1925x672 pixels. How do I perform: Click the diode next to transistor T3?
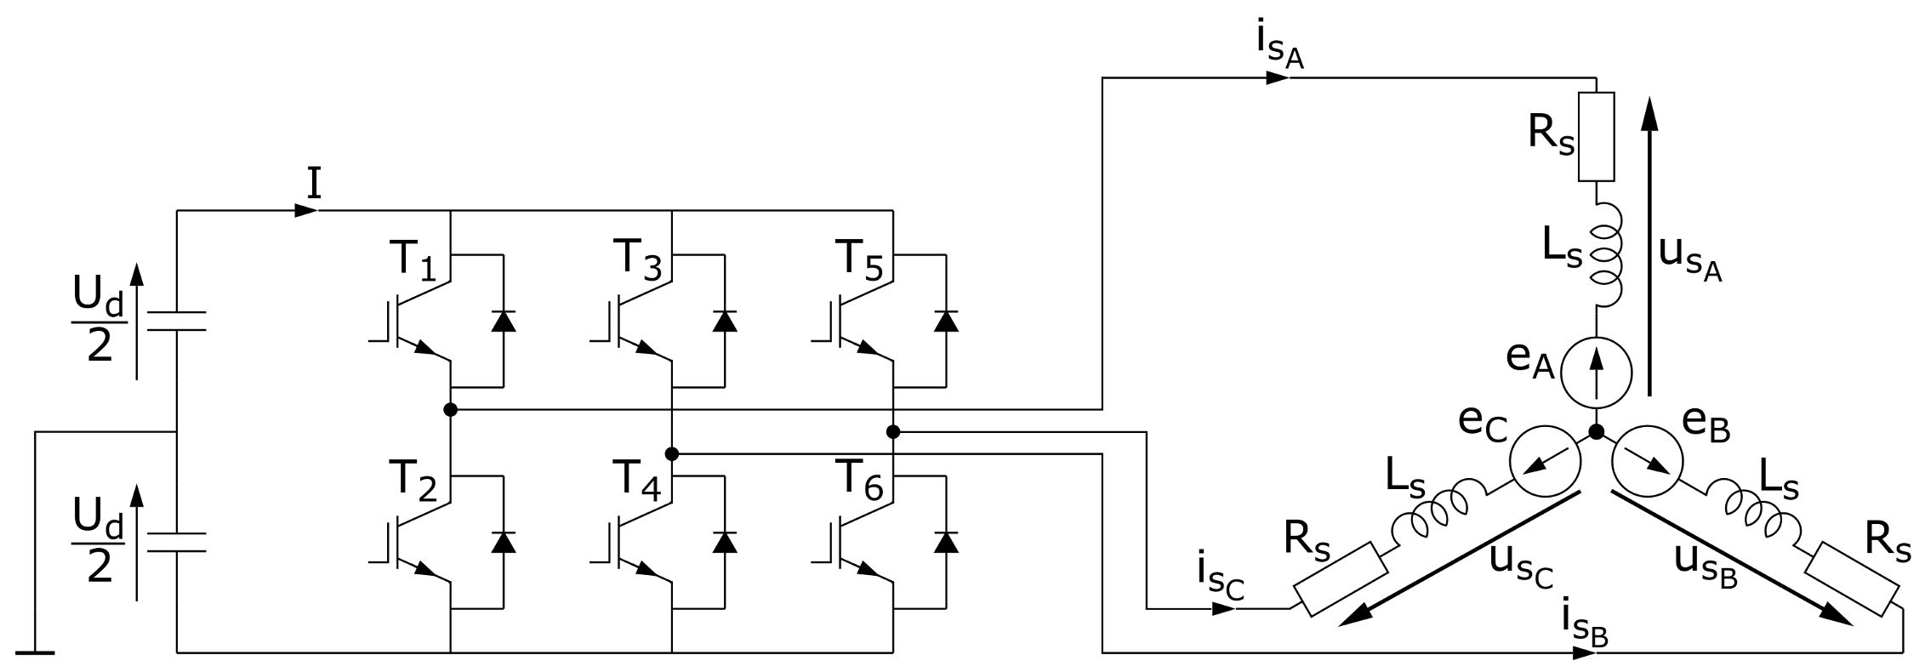click(x=725, y=321)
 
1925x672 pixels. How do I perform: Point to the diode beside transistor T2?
click(x=504, y=542)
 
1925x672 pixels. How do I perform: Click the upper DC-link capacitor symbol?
click(x=177, y=321)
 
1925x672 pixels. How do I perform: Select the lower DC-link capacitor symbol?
click(x=177, y=542)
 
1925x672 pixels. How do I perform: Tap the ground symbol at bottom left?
click(x=35, y=652)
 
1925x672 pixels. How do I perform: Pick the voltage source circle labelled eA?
click(x=1596, y=372)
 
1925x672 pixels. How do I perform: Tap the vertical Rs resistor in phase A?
click(x=1596, y=136)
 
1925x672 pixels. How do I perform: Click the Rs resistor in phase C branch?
click(x=1340, y=578)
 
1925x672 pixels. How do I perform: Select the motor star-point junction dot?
click(x=1596, y=432)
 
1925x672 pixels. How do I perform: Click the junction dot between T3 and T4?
click(x=672, y=453)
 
